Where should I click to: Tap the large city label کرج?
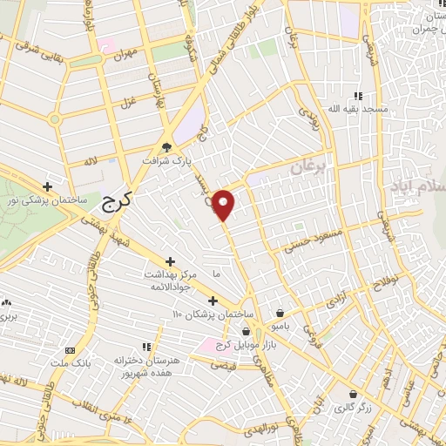(116, 202)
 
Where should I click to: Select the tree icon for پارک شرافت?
(167, 147)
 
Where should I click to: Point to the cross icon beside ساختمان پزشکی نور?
(48, 186)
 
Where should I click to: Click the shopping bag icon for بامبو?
(279, 313)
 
